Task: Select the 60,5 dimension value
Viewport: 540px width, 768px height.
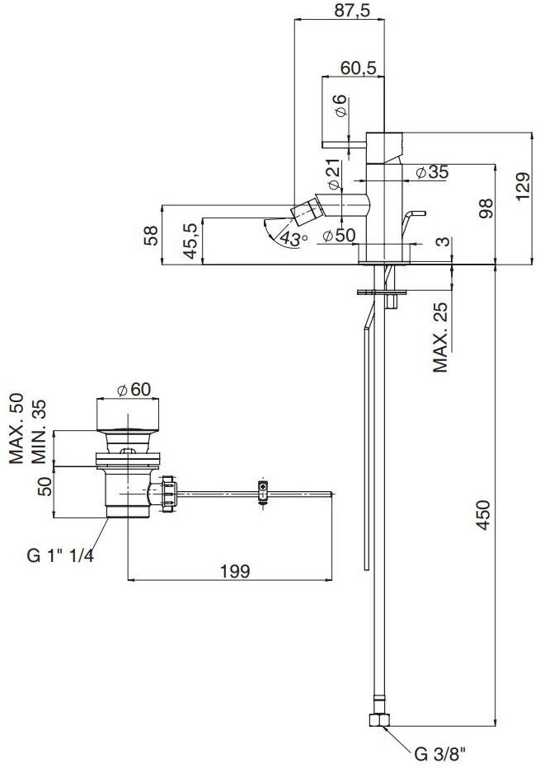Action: coord(359,68)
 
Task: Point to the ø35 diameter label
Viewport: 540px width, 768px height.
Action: coord(431,172)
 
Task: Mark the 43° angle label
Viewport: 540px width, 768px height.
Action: coord(293,238)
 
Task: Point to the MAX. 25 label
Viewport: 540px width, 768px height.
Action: coord(442,336)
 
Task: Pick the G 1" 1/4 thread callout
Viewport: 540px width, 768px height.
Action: coord(60,555)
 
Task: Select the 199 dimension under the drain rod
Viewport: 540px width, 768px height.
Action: coord(235,571)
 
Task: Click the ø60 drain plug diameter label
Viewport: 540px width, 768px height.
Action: coord(134,390)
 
